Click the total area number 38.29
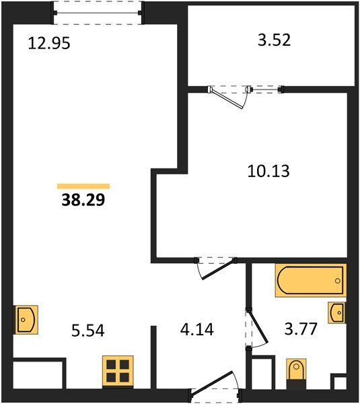pyautogui.click(x=83, y=200)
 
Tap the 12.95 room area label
pyautogui.click(x=49, y=45)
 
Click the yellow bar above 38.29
pyautogui.click(x=83, y=185)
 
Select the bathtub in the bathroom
pyautogui.click(x=310, y=280)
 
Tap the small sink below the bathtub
pyautogui.click(x=337, y=313)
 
